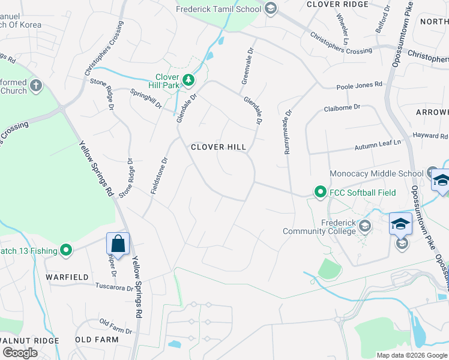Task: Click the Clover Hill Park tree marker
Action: coord(188,79)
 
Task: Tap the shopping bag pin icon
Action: coord(118,244)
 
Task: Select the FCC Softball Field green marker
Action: coord(321,192)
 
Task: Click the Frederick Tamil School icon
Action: coord(270,8)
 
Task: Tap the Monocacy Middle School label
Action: coord(377,174)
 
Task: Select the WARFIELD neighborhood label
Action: coord(68,277)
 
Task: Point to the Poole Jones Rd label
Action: coord(359,85)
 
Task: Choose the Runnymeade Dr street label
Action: coord(288,131)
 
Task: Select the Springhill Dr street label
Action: coord(146,98)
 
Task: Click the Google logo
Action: coord(19,353)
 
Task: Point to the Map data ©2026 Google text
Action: coord(412,355)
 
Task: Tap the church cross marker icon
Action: coord(35,85)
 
